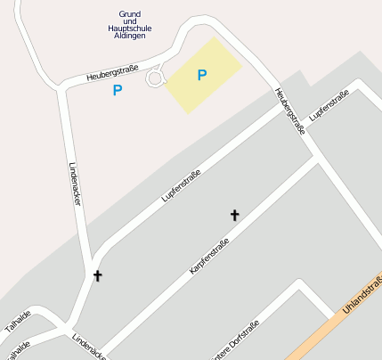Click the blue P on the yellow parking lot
coord(202,76)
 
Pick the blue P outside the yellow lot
coord(118,91)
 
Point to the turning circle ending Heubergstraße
coord(155,78)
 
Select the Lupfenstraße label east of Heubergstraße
coord(329,107)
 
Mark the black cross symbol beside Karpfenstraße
coord(235,215)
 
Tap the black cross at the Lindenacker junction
coord(97,276)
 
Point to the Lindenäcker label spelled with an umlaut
coord(89,347)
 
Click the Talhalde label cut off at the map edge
coord(16,347)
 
